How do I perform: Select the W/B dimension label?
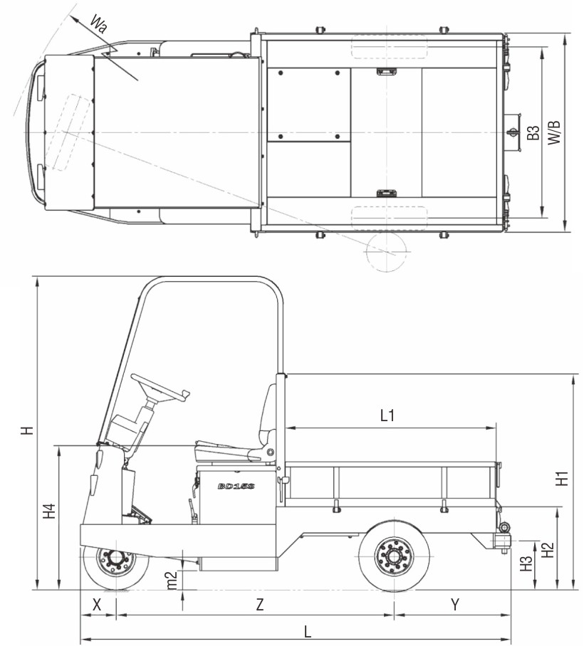point(555,133)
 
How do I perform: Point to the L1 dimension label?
point(387,416)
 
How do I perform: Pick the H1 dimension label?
point(563,479)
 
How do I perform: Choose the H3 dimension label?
point(526,563)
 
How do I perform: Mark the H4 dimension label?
point(48,512)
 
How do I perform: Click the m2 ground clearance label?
point(172,579)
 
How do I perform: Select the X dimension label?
point(98,605)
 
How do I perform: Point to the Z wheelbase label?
point(260,605)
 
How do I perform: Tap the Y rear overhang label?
point(454,605)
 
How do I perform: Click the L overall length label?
point(307,630)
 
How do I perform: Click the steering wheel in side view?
point(160,388)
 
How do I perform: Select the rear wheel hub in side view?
point(393,554)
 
